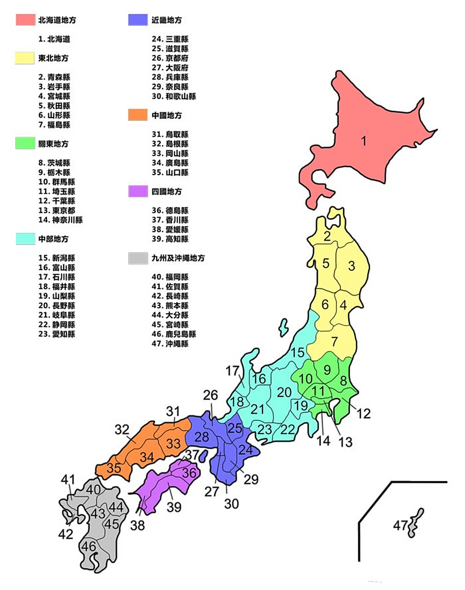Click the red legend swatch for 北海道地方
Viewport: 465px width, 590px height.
(x=25, y=20)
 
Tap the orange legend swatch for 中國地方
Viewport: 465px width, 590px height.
(x=137, y=115)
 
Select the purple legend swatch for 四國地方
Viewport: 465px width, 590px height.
(x=137, y=191)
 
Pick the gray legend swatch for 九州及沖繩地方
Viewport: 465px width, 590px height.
(x=137, y=258)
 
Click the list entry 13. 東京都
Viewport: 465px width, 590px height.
(x=57, y=210)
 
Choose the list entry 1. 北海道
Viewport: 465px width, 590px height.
(x=54, y=39)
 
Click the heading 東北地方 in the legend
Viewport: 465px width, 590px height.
(x=53, y=58)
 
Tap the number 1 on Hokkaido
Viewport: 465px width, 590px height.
(x=364, y=141)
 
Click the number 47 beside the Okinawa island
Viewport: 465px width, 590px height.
(x=400, y=525)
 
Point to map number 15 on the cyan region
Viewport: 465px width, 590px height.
(x=298, y=353)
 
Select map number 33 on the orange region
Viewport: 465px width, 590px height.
(x=173, y=443)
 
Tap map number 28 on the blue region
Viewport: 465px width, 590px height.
(x=202, y=437)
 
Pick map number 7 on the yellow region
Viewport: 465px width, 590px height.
(x=334, y=342)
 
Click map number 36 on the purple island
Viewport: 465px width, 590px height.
(x=189, y=472)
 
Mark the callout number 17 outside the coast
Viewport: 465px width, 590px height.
(x=232, y=371)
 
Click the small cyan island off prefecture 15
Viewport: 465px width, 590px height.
(x=283, y=328)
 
